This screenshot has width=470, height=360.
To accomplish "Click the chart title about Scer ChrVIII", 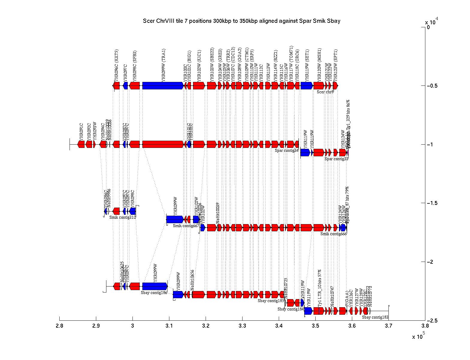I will pos(241,21).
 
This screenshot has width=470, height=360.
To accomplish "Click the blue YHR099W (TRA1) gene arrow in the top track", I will pos(163,86).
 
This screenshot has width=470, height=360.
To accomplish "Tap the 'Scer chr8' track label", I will pos(325,92).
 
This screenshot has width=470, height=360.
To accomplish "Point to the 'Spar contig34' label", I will pos(287,150).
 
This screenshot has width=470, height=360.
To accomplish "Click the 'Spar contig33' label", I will pos(336,159).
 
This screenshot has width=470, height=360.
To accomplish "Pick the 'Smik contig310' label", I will pos(123,217).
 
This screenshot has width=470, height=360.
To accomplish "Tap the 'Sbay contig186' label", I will pos(154,292).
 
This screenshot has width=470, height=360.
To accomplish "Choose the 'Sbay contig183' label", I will pos(375,317).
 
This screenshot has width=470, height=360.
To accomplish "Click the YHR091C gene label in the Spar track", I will pos(81,131).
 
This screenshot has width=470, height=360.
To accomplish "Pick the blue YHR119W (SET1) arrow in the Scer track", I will pos(307,86).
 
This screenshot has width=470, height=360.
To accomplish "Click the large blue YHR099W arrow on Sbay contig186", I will pos(155,286).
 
